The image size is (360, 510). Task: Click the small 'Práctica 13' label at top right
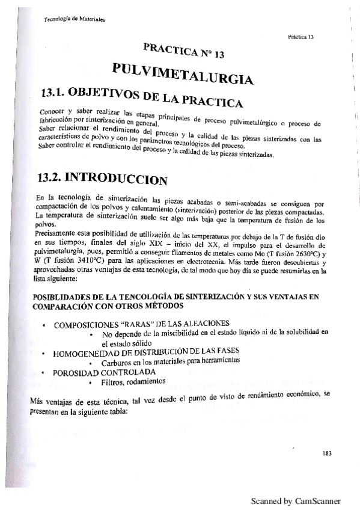(301, 37)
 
